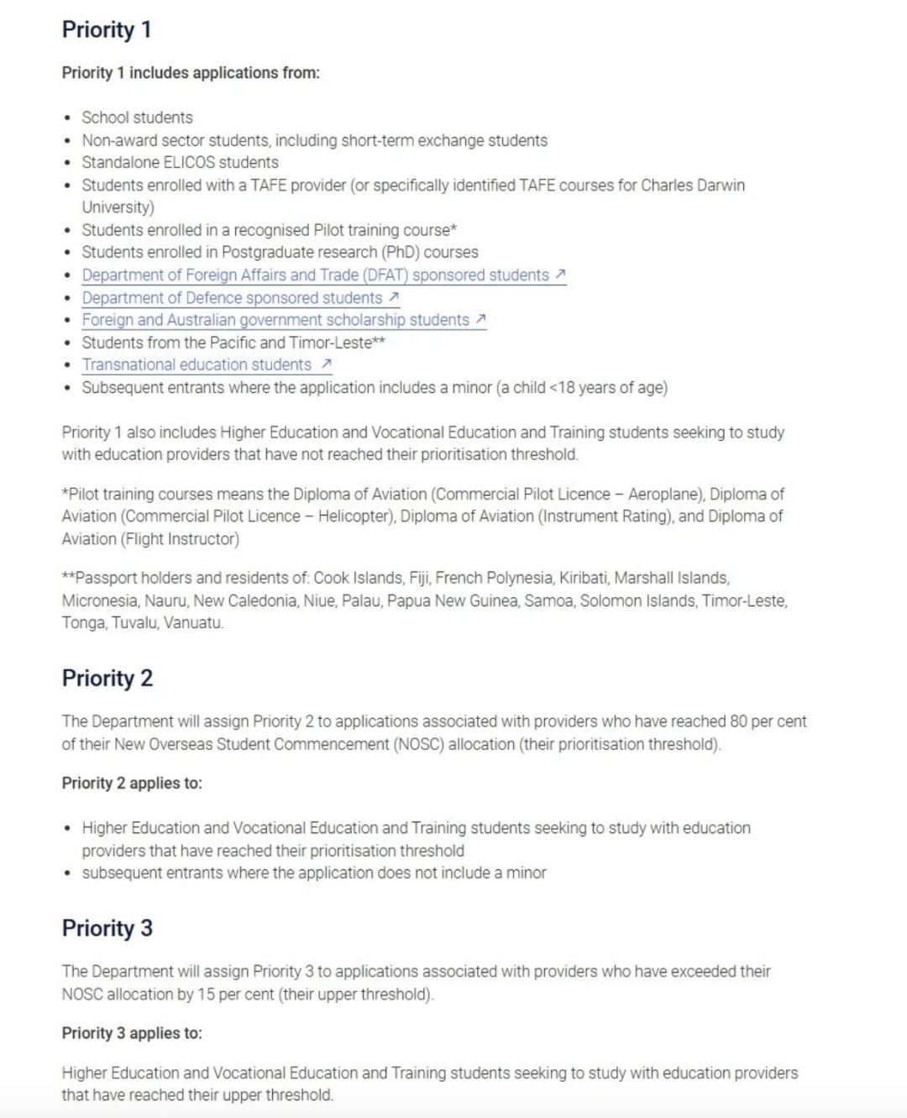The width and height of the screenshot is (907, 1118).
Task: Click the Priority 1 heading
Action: (107, 29)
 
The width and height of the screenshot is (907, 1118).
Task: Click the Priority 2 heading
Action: (107, 678)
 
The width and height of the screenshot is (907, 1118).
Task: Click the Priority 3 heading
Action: (107, 928)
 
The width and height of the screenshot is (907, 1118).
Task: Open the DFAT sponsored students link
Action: (315, 275)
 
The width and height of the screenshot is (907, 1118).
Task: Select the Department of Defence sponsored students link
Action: (232, 297)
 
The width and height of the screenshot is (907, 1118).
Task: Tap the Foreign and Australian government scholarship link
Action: (275, 320)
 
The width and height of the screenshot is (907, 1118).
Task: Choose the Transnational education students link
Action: (197, 365)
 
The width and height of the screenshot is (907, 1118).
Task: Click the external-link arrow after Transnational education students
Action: (327, 364)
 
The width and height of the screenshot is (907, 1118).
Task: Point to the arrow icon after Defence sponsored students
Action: (394, 297)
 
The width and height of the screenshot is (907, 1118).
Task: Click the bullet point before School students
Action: (68, 118)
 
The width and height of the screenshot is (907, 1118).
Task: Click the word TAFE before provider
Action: (269, 185)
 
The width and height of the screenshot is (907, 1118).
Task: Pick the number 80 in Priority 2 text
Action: (738, 721)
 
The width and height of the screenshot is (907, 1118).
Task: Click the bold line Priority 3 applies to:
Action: (132, 1033)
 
